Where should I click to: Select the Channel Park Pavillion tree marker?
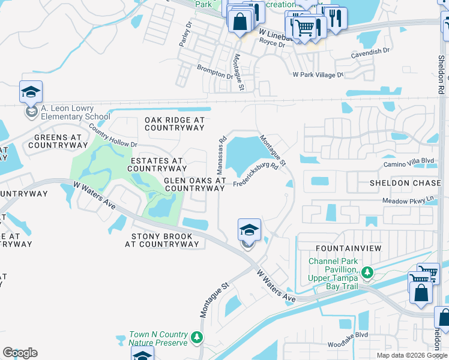point(367,274)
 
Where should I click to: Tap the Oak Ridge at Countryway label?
point(175,124)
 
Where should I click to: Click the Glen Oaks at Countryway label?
point(195,184)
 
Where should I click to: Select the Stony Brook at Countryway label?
point(162,240)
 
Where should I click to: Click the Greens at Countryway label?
point(55,141)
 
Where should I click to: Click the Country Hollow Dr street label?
point(113,136)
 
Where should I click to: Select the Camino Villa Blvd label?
point(408,162)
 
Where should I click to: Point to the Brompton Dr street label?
point(215,71)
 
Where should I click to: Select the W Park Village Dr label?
point(318,75)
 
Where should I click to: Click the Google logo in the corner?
point(20,353)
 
